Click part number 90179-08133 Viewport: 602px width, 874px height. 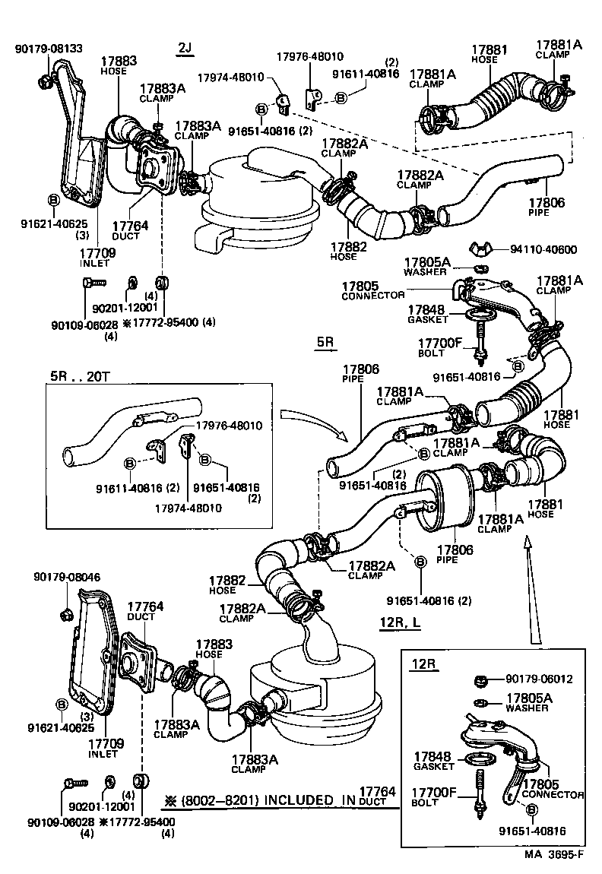tap(49, 49)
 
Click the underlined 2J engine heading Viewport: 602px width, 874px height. tap(185, 49)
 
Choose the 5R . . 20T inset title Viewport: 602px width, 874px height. tap(81, 376)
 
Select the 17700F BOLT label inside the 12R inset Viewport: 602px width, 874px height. tap(434, 797)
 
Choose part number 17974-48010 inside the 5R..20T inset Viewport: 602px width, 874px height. tap(185, 508)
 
